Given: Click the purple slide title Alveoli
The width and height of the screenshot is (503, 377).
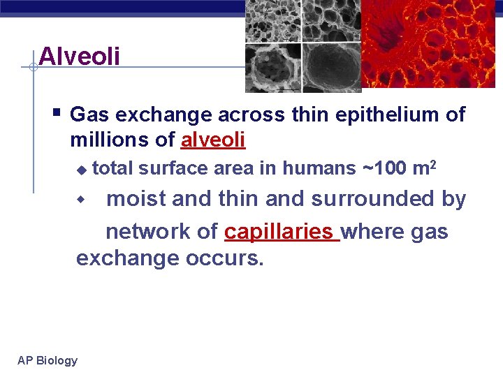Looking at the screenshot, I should [x=80, y=56].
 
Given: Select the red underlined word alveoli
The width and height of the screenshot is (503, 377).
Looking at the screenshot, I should [x=213, y=140].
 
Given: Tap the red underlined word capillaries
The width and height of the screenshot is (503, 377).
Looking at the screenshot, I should [x=279, y=231].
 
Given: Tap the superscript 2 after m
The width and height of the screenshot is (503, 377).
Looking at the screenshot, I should [x=434, y=165].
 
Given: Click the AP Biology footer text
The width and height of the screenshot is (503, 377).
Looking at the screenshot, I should [x=48, y=360].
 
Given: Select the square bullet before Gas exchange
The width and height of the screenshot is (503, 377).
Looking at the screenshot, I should [x=57, y=112].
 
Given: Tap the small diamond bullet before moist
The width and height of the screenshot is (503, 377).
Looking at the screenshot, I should [x=80, y=200].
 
